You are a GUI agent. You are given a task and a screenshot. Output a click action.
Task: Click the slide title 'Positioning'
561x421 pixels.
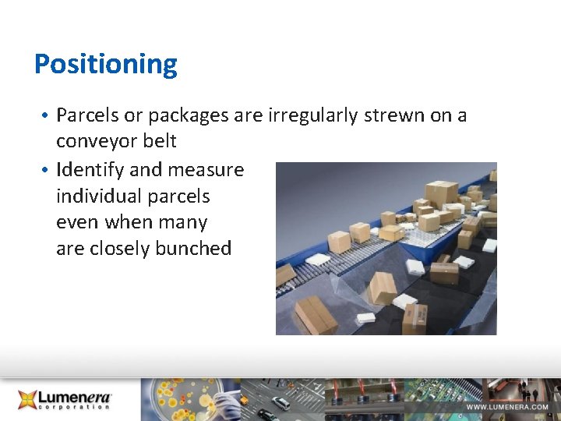106,64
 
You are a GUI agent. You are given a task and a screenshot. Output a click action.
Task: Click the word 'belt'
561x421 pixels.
159,141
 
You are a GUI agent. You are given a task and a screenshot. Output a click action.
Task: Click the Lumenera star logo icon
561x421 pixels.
28,400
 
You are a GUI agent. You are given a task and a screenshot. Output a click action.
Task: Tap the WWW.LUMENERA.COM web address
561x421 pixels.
507,407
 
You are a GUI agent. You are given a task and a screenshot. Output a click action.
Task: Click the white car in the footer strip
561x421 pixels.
280,403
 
